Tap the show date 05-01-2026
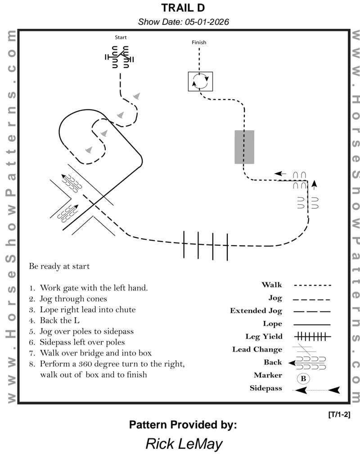(x=183, y=22)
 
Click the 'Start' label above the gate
(x=121, y=38)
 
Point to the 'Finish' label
(x=199, y=42)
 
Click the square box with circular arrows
(x=200, y=81)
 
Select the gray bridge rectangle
(x=244, y=147)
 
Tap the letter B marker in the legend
(x=303, y=379)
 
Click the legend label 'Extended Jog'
(x=256, y=311)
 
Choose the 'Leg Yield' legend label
(x=264, y=336)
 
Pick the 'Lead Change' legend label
(x=257, y=349)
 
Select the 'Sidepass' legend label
(x=266, y=388)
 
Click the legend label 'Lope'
(x=272, y=324)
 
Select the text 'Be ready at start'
(x=59, y=266)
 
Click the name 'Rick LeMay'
(x=184, y=444)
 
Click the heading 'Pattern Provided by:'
(x=183, y=425)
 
